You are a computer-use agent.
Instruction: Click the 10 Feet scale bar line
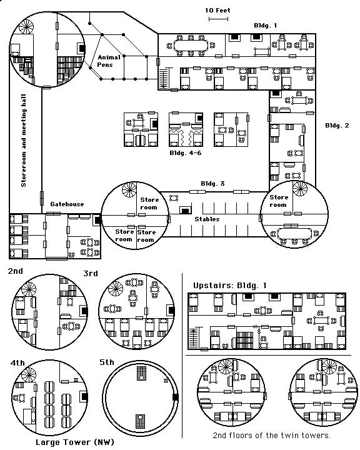tap(218, 19)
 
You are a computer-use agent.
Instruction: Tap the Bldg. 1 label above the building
tap(266, 26)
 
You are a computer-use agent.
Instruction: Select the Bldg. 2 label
tap(337, 126)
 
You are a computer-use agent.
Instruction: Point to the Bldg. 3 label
tap(212, 184)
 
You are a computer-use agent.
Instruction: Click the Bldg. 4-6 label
tap(186, 153)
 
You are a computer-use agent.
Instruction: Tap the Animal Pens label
tap(108, 61)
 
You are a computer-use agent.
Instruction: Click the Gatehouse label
tap(67, 204)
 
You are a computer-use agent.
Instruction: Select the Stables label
tap(207, 219)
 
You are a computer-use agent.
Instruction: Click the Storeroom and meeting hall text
tap(24, 141)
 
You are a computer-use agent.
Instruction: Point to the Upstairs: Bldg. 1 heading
tap(229, 286)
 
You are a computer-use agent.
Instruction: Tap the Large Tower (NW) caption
tap(75, 442)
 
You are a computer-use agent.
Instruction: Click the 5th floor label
tap(107, 362)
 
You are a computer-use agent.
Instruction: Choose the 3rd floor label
tap(91, 274)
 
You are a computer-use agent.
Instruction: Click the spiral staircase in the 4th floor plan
tap(29, 375)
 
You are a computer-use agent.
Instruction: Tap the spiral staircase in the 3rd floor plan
tap(116, 288)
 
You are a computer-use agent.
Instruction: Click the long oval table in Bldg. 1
tap(191, 46)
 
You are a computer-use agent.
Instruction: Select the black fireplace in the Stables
tap(186, 211)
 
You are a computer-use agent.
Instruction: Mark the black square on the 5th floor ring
tap(176, 397)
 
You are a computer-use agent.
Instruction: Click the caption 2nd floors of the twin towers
tap(272, 436)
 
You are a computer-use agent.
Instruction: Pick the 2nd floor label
tap(16, 271)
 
